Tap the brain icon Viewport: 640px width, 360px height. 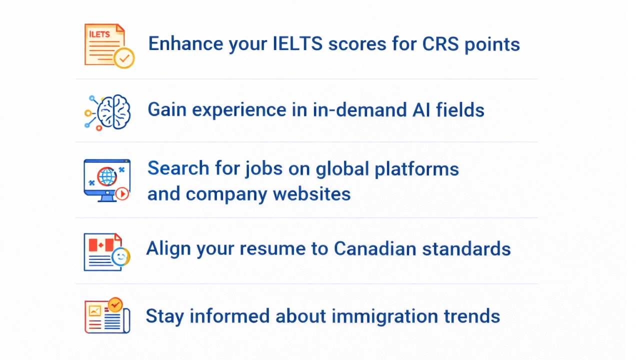coord(107,112)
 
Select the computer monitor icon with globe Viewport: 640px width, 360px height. coord(107,180)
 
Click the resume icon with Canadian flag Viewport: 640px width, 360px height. coord(107,252)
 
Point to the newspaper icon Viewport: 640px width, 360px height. coord(107,315)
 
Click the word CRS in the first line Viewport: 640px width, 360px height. coord(440,44)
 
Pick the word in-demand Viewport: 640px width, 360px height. coord(359,109)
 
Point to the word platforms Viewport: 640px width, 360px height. coord(416,169)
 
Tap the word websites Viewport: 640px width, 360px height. coord(311,194)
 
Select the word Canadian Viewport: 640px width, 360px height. coord(375,248)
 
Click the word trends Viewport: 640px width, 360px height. coord(472,316)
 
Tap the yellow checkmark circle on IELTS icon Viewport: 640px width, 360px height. coord(124,58)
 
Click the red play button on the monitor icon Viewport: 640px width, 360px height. coord(122,194)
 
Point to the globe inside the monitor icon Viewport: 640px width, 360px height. coord(107,176)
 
